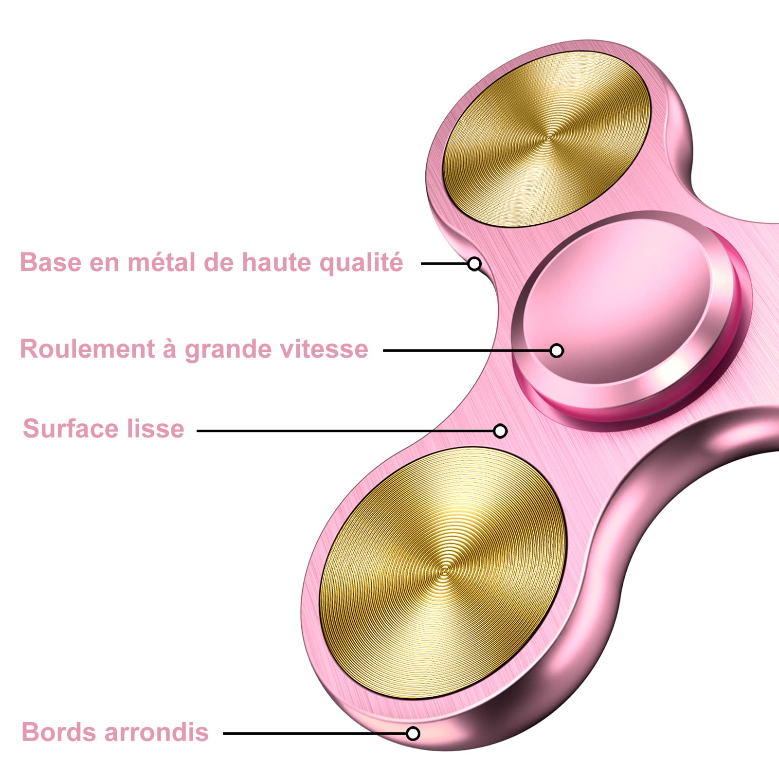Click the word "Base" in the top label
point(51,262)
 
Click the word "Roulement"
point(88,349)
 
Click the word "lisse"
point(156,429)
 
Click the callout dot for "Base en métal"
point(474,264)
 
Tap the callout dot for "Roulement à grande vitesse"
point(557,350)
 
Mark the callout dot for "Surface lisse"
point(500,431)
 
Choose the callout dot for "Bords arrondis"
point(413,733)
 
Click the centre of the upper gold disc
point(547,138)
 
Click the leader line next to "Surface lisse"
point(341,431)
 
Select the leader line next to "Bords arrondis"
point(311,733)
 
